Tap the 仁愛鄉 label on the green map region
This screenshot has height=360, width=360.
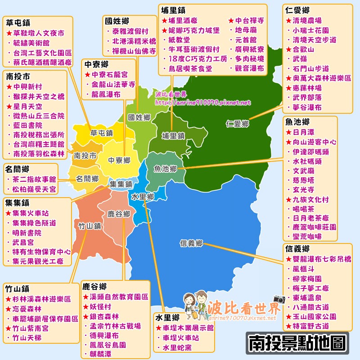pyautogui.click(x=238, y=124)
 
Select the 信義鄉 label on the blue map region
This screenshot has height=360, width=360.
pyautogui.click(x=191, y=243)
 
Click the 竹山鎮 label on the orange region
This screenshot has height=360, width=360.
pyautogui.click(x=89, y=225)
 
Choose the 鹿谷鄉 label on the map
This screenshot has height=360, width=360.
pyautogui.click(x=119, y=213)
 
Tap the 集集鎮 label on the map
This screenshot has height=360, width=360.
pyautogui.click(x=121, y=184)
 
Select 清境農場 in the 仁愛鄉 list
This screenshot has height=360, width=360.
pyautogui.click(x=307, y=21)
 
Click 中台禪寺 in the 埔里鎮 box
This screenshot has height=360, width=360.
pyautogui.click(x=249, y=21)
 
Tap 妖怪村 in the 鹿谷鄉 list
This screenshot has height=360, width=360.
pyautogui.click(x=99, y=307)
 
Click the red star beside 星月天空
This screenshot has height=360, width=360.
pyautogui.click(x=9, y=106)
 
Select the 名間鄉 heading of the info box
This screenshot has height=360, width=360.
pyautogui.click(x=18, y=169)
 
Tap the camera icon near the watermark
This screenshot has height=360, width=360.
pyautogui.click(x=279, y=299)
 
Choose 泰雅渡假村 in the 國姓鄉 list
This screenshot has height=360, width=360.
pyautogui.click(x=132, y=31)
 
